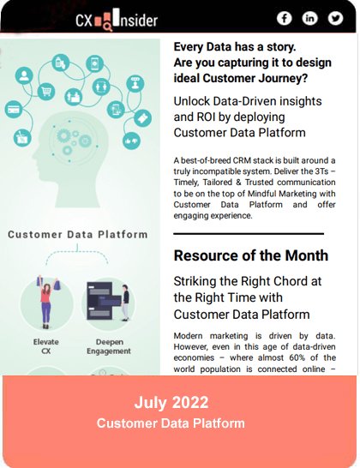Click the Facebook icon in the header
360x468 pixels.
(284, 19)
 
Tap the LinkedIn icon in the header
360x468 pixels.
(309, 19)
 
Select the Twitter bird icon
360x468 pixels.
(335, 19)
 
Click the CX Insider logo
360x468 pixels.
(117, 20)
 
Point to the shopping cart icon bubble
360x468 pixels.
(46, 91)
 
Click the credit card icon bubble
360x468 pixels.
(14, 109)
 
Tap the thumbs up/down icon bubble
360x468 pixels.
(131, 141)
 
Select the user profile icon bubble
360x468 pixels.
(24, 75)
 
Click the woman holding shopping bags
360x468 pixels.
(46, 302)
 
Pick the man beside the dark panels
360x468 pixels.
(125, 303)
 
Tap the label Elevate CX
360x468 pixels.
(46, 346)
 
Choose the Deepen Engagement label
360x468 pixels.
(109, 346)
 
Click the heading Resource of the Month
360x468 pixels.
(251, 255)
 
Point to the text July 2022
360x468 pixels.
(171, 403)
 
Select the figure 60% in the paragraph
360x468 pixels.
(297, 357)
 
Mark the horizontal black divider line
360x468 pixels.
(249, 234)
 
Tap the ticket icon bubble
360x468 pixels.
(142, 118)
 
